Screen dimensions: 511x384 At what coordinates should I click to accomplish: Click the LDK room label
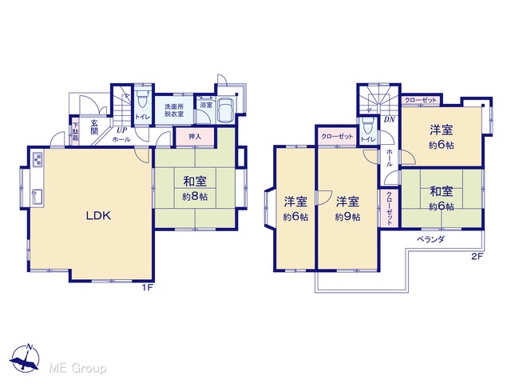pyautogui.click(x=98, y=215)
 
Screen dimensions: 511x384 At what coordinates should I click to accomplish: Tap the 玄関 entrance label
pyautogui.click(x=94, y=127)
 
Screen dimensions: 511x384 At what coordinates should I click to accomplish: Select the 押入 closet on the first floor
pyautogui.click(x=195, y=137)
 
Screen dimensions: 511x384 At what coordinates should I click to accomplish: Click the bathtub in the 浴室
pyautogui.click(x=225, y=110)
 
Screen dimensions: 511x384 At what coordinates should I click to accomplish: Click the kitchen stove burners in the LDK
pyautogui.click(x=38, y=160)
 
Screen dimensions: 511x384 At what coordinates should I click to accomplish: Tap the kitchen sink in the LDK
pyautogui.click(x=38, y=197)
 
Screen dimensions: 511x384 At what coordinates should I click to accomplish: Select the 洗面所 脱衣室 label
pyautogui.click(x=174, y=110)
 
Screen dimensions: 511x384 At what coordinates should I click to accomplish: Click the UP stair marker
pyautogui.click(x=121, y=130)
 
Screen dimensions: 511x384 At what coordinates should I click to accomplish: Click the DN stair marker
pyautogui.click(x=389, y=119)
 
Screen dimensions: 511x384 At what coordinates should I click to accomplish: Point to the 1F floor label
pyautogui.click(x=147, y=288)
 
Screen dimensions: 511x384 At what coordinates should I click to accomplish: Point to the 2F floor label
pyautogui.click(x=477, y=256)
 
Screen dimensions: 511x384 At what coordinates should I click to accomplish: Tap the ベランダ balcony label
pyautogui.click(x=430, y=239)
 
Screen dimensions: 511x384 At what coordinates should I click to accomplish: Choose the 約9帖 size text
pyautogui.click(x=348, y=217)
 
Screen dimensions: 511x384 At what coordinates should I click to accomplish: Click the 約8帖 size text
pyautogui.click(x=195, y=197)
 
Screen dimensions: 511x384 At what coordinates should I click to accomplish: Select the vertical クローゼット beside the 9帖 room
pyautogui.click(x=389, y=208)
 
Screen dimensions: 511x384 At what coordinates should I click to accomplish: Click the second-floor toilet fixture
pyautogui.click(x=368, y=126)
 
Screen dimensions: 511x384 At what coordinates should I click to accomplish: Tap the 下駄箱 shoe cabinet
pyautogui.click(x=75, y=131)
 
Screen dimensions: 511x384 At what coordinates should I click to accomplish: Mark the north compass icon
pyautogui.click(x=25, y=358)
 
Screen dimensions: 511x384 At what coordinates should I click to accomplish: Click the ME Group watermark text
pyautogui.click(x=78, y=368)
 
